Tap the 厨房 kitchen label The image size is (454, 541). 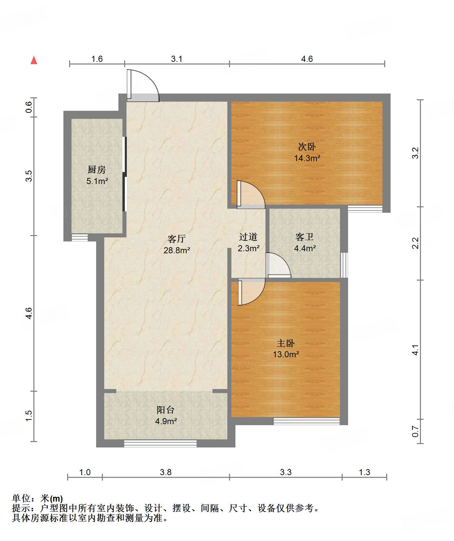point(97,170)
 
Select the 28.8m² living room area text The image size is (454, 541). point(177,250)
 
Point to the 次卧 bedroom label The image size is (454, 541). point(307,147)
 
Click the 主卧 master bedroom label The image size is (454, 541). point(286,343)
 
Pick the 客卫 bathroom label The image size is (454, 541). point(305,237)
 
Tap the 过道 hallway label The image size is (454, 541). point(248,237)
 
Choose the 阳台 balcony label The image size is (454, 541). point(166,410)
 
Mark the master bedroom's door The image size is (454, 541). point(251,292)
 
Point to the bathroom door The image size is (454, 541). point(278,265)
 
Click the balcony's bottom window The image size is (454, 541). point(160,444)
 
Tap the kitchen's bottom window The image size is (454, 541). point(80,237)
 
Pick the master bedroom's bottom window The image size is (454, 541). point(306,421)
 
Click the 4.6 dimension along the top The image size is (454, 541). point(307,59)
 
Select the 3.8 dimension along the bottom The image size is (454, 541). point(166,472)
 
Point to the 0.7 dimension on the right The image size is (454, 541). point(416,431)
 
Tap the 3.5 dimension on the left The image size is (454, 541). point(29,176)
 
